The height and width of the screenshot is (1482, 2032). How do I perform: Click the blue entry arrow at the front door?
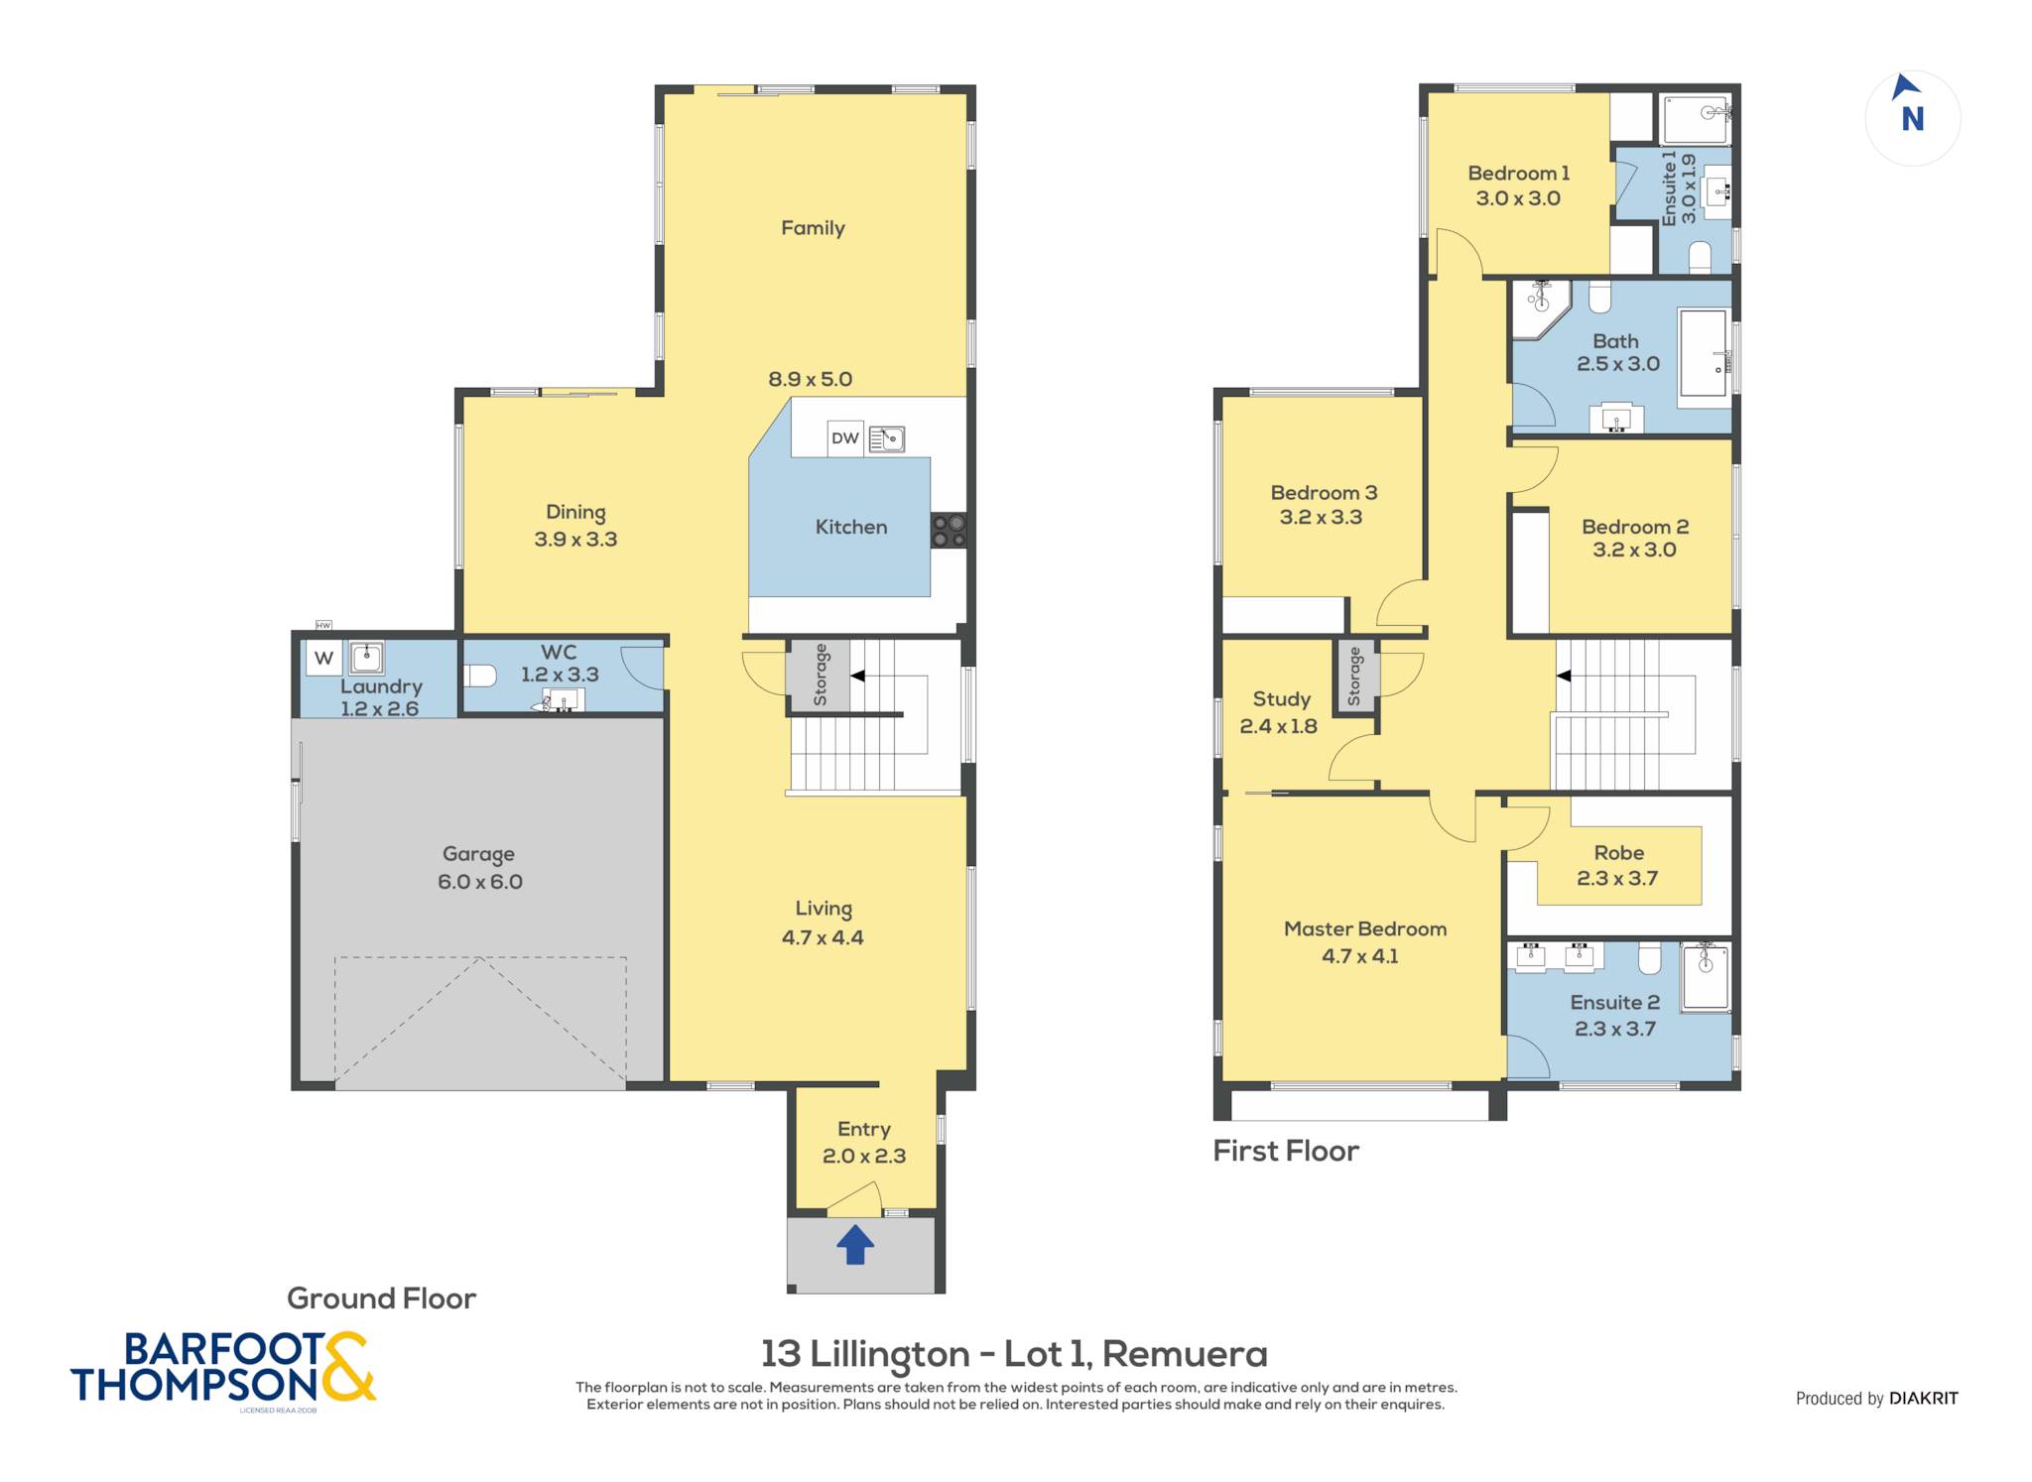[x=855, y=1244]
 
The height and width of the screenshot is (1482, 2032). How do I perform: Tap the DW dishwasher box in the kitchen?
[x=845, y=438]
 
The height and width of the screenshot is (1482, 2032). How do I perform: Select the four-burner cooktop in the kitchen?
[x=949, y=530]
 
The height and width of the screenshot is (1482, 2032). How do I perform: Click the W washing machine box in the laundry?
[x=323, y=658]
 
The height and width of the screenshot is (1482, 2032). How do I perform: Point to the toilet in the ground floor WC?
[x=480, y=676]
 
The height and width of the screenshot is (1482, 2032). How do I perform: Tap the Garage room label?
[x=478, y=854]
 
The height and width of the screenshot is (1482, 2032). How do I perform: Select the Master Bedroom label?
[x=1365, y=929]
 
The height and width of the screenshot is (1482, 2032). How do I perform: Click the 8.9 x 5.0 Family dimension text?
[x=810, y=379]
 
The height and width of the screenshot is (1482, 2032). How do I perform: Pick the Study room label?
[x=1281, y=699]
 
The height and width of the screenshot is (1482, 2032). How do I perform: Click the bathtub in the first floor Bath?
[x=1703, y=358]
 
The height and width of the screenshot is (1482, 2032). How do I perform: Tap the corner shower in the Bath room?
[x=1540, y=309]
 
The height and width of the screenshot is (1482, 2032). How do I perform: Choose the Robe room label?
[x=1618, y=853]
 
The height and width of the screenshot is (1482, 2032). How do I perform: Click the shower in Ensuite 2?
[x=1706, y=977]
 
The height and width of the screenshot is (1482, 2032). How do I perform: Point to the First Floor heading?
[x=1286, y=1151]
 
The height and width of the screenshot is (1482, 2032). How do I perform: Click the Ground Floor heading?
[x=381, y=1298]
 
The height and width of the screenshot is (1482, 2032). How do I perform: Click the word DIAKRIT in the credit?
[x=1924, y=1399]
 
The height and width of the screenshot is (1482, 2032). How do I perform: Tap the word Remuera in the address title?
[x=1185, y=1354]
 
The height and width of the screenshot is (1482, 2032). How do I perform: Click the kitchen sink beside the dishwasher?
[x=886, y=438]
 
